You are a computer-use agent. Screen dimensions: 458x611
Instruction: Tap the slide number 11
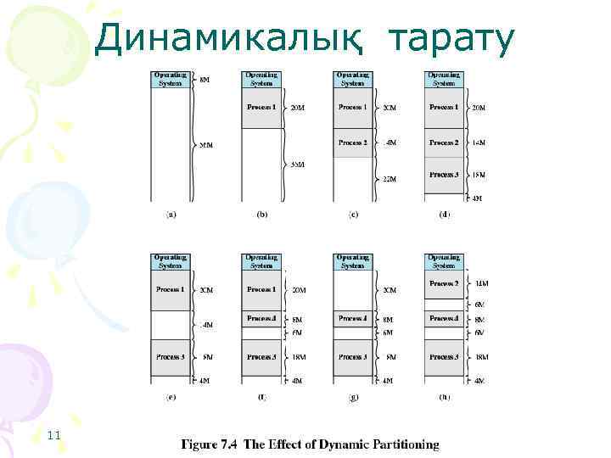click(x=54, y=435)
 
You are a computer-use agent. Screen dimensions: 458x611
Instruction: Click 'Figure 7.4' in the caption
click(x=208, y=444)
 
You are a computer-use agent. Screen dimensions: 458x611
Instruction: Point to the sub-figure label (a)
click(x=171, y=215)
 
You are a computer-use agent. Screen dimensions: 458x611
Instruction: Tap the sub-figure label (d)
click(x=445, y=215)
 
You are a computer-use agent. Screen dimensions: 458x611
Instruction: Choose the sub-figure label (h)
click(x=445, y=395)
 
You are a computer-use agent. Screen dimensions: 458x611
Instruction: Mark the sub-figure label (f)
click(x=261, y=395)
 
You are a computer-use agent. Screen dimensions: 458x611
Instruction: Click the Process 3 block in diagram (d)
click(x=445, y=176)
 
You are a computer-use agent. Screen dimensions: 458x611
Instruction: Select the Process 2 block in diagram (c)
click(x=353, y=142)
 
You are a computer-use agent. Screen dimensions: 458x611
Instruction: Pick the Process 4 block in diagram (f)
click(x=261, y=319)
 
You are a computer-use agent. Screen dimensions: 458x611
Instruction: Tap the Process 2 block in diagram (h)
click(x=445, y=284)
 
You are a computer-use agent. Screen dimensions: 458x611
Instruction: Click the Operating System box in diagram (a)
click(x=171, y=79)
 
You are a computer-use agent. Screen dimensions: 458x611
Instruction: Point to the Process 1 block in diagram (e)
click(x=171, y=290)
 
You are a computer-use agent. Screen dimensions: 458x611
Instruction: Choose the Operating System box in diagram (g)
click(x=353, y=261)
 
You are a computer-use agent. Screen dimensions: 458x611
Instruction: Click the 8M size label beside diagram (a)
click(x=205, y=79)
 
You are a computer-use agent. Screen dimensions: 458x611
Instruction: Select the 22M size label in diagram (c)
click(x=389, y=179)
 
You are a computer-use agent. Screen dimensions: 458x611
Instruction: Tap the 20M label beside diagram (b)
click(x=297, y=109)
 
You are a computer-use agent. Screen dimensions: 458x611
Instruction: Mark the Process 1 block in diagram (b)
click(x=261, y=109)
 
